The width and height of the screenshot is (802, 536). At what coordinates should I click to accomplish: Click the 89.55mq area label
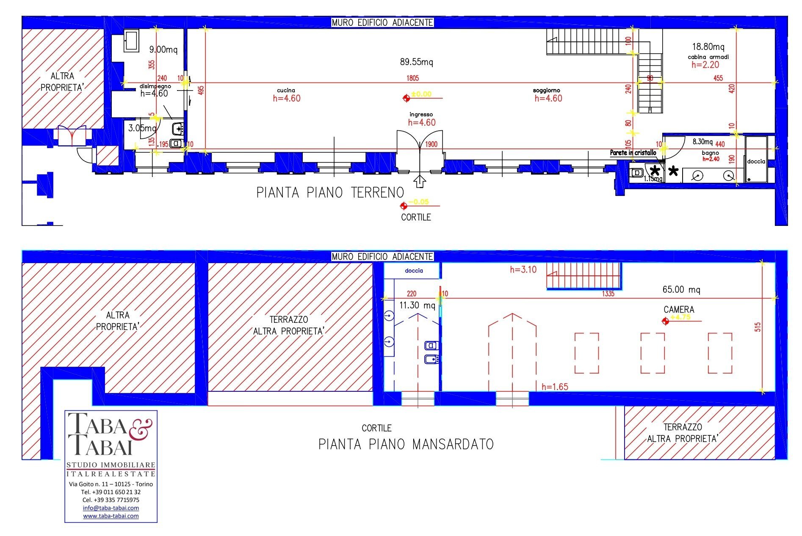point(416,62)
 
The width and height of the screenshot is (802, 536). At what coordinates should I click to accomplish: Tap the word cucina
point(286,90)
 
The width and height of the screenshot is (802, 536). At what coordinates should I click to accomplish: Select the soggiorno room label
point(546,90)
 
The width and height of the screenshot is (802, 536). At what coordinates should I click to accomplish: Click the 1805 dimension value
point(412,78)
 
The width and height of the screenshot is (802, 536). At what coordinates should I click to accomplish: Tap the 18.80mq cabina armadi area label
point(708,47)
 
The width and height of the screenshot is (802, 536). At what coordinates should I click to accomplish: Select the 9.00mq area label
point(163,49)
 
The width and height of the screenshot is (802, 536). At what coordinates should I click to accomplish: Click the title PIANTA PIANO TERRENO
point(330,193)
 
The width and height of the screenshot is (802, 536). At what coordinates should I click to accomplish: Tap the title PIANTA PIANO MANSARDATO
point(406,444)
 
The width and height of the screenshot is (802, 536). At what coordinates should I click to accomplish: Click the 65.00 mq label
point(681,290)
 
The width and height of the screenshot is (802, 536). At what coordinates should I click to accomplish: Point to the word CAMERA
point(678,310)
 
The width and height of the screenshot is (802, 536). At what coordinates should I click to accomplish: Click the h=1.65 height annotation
point(554,387)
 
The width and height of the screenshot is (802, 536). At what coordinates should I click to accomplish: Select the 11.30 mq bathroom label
point(417,305)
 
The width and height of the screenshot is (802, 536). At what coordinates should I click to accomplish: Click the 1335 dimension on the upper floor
point(608,294)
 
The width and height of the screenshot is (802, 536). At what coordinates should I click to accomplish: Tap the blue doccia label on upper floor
point(413,271)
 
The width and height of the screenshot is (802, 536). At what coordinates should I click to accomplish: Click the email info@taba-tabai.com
point(111,508)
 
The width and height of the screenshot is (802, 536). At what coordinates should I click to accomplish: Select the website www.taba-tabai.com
point(111,516)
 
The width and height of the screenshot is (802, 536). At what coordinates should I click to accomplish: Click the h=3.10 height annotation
point(523,269)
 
